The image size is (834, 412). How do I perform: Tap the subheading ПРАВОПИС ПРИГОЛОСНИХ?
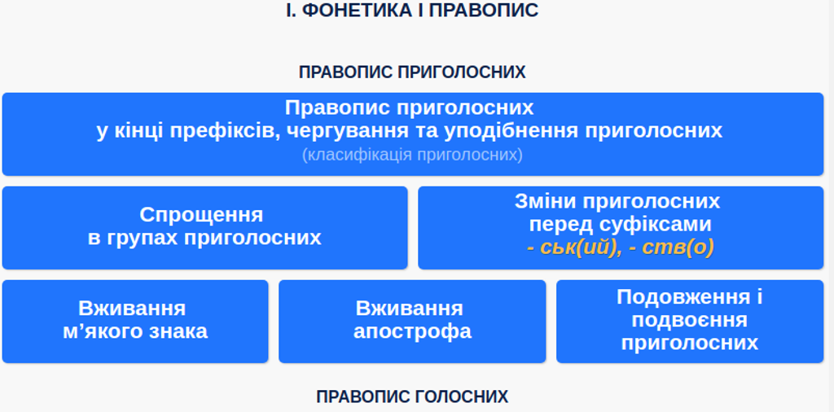click(412, 72)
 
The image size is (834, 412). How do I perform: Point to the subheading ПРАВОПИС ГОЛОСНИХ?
click(412, 397)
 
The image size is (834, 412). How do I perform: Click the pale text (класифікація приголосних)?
click(412, 155)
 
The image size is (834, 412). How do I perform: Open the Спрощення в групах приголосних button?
click(204, 227)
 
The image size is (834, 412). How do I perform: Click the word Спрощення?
click(202, 215)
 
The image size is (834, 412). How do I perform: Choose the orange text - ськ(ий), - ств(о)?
click(620, 248)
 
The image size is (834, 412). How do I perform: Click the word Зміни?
click(546, 201)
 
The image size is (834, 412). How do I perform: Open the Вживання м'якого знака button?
click(135, 322)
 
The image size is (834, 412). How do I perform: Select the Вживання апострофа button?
click(412, 322)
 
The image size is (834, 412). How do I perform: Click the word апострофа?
click(412, 331)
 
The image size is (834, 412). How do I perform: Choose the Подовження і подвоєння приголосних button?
click(690, 322)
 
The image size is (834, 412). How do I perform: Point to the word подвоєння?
click(690, 320)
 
